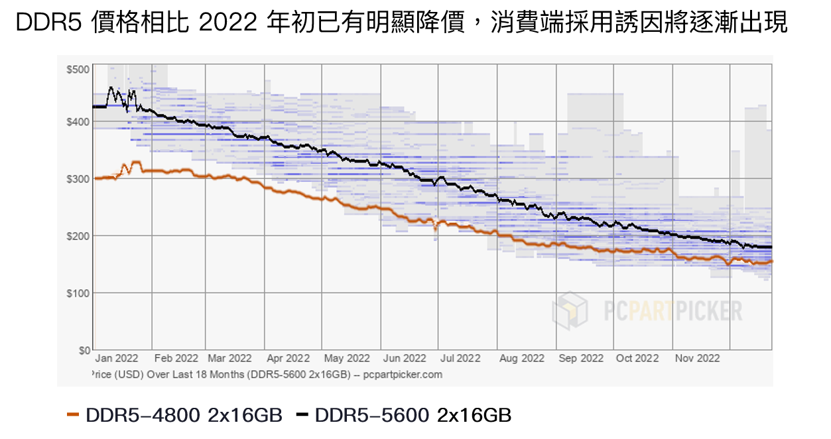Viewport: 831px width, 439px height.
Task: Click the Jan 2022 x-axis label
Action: (117, 359)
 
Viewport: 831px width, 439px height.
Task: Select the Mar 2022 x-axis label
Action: (229, 359)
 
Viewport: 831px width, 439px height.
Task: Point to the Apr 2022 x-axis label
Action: (288, 359)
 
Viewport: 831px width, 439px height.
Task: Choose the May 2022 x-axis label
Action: (346, 359)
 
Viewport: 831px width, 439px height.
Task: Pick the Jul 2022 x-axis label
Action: (460, 359)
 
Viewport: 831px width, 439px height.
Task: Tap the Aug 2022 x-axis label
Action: (521, 359)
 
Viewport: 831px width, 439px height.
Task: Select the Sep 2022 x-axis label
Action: (581, 359)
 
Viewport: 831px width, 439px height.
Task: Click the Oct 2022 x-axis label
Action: (637, 359)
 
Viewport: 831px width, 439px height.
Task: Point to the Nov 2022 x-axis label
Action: (698, 359)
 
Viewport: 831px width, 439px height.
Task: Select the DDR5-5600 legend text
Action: (371, 416)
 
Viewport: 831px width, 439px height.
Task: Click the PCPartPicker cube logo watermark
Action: (570, 310)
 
